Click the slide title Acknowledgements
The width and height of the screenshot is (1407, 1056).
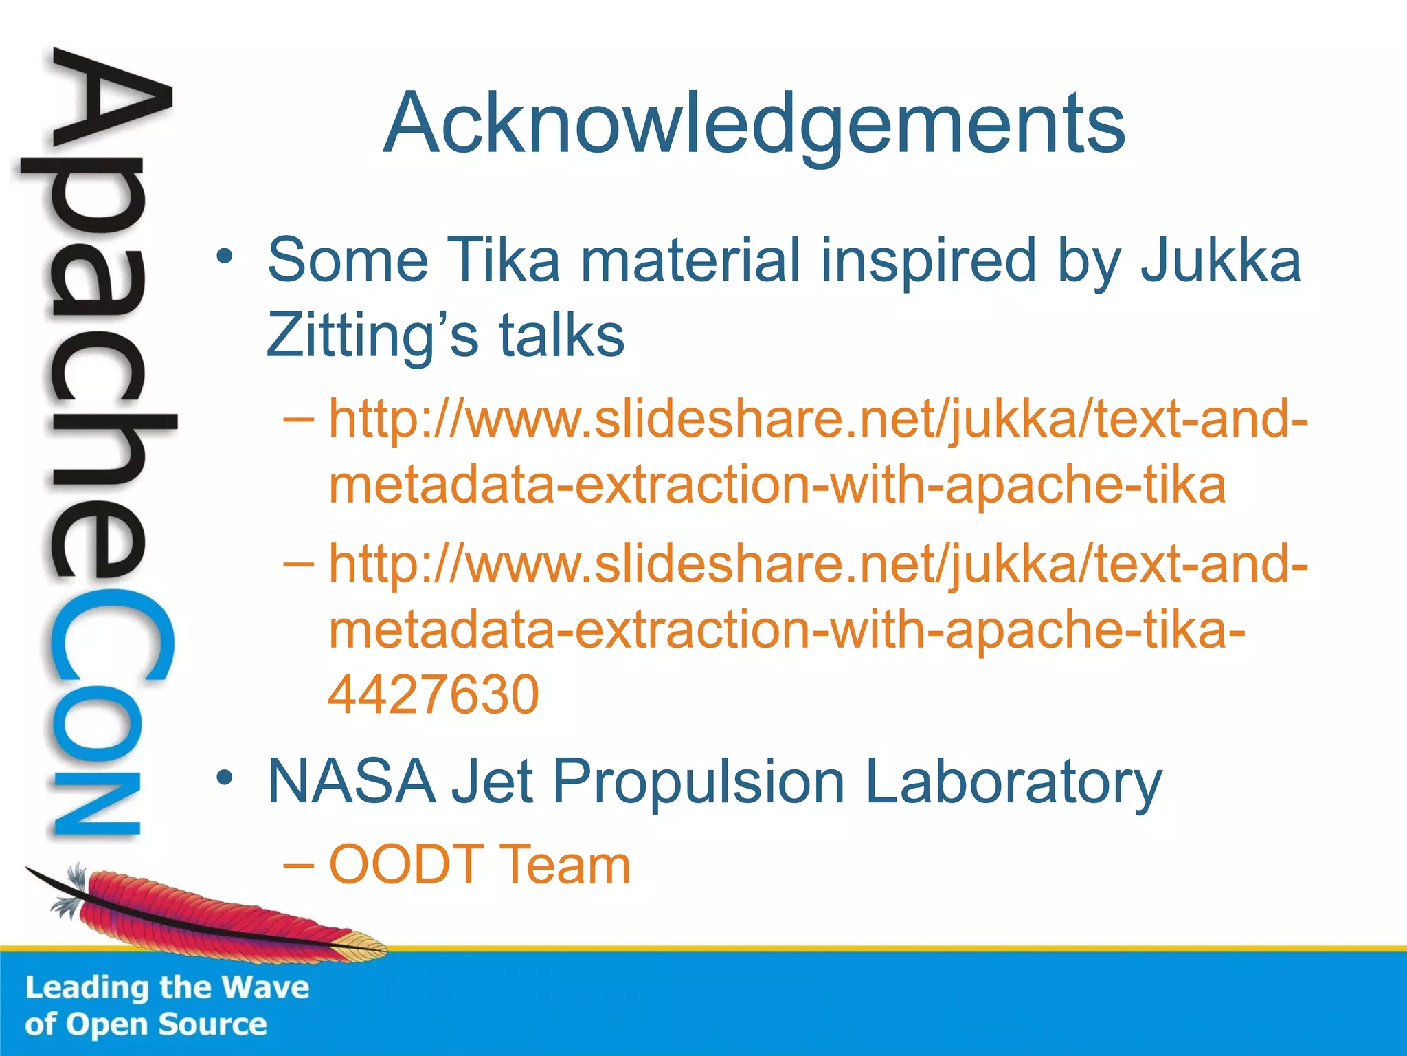pyautogui.click(x=754, y=124)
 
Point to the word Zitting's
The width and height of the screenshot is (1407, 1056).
pyautogui.click(x=371, y=336)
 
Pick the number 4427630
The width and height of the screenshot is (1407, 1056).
pyautogui.click(x=434, y=694)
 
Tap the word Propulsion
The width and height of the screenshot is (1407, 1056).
pyautogui.click(x=699, y=782)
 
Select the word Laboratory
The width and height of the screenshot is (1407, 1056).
pyautogui.click(x=1013, y=782)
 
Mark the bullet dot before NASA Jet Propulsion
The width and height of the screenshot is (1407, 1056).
pyautogui.click(x=224, y=778)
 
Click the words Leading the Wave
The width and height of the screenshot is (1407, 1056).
pyautogui.click(x=167, y=987)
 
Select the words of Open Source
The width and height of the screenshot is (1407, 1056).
pyautogui.click(x=146, y=1024)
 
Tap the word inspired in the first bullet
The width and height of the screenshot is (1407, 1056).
pyautogui.click(x=928, y=262)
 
